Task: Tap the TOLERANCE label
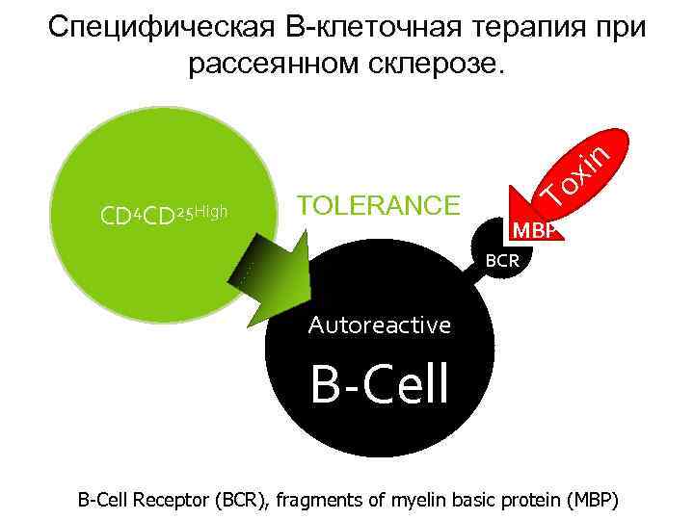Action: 380,206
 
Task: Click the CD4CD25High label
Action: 163,212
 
